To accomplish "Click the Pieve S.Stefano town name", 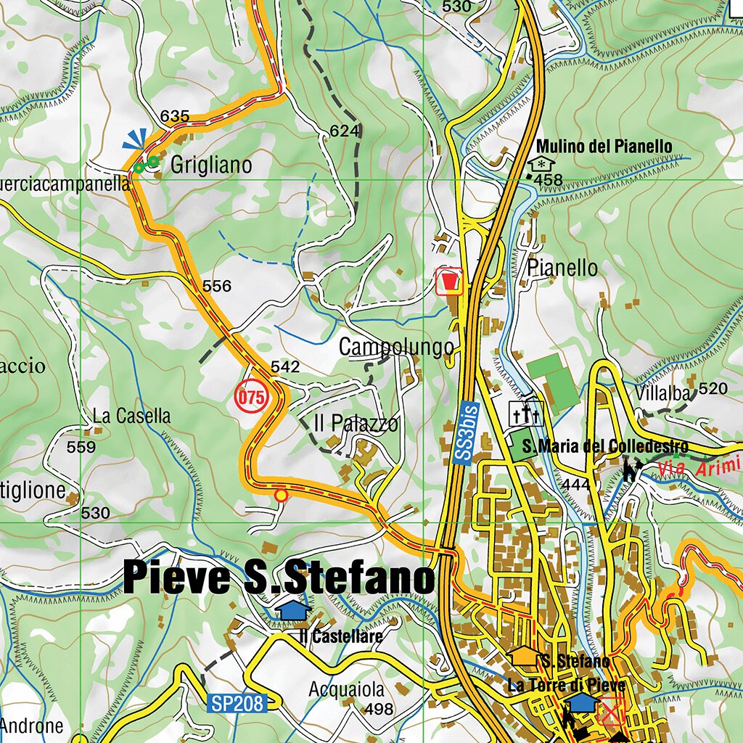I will [x=279, y=578].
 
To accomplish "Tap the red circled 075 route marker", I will [x=251, y=397].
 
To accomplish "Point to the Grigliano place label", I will [x=211, y=165].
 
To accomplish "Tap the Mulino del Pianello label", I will [x=604, y=147].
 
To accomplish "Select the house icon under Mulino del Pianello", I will [x=541, y=164].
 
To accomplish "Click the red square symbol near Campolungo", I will [x=449, y=281].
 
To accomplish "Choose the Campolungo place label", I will [x=396, y=348].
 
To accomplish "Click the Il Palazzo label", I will [x=356, y=424].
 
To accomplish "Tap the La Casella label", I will [x=132, y=416].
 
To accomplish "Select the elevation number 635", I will [x=175, y=116].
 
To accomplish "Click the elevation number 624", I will [x=345, y=131].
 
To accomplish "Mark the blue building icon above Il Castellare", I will [x=293, y=609].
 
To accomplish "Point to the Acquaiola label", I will [x=347, y=689].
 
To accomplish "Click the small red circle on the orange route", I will [x=281, y=495].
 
